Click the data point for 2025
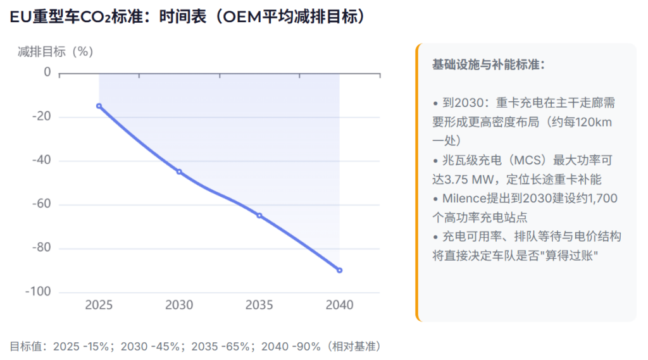click(x=99, y=106)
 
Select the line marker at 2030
click(x=179, y=171)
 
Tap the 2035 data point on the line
click(x=259, y=216)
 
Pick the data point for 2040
click(x=339, y=270)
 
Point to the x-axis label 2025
click(x=99, y=305)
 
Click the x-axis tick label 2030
click(x=179, y=305)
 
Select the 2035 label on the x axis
click(x=259, y=305)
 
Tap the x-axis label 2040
click(x=339, y=305)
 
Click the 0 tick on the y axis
click(x=47, y=73)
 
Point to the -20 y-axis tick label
click(x=41, y=117)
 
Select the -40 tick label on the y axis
click(x=41, y=161)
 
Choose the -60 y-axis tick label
click(x=41, y=204)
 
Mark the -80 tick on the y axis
click(x=41, y=248)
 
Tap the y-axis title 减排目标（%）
click(x=56, y=51)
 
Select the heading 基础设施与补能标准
click(x=488, y=65)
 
